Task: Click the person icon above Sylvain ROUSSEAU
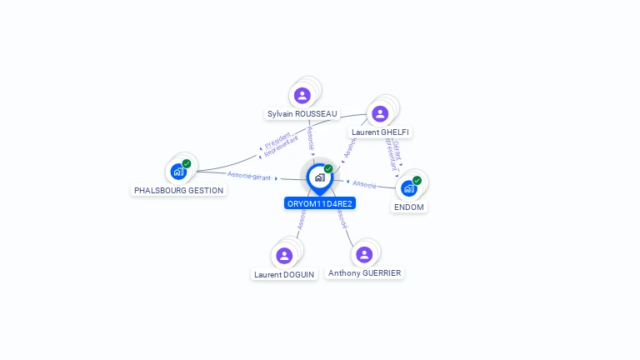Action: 302,95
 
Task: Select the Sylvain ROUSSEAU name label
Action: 302,113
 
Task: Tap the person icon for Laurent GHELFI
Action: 380,113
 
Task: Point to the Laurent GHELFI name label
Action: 381,132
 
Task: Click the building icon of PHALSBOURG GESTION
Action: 177,172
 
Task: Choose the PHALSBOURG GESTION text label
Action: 179,190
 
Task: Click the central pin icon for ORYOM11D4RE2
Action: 319,177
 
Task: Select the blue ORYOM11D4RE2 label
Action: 320,203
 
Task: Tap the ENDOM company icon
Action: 408,188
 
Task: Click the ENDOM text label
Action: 409,207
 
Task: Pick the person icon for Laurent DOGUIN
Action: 284,255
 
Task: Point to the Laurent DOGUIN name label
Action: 285,273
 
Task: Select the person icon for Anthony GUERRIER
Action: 363,254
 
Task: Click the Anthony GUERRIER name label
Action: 365,272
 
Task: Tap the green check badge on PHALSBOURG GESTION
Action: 187,163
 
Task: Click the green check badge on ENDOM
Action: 417,180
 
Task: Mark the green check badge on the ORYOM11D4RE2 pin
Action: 328,168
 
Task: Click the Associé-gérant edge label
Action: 248,175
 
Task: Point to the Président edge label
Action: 278,137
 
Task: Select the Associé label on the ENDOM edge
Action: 364,183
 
